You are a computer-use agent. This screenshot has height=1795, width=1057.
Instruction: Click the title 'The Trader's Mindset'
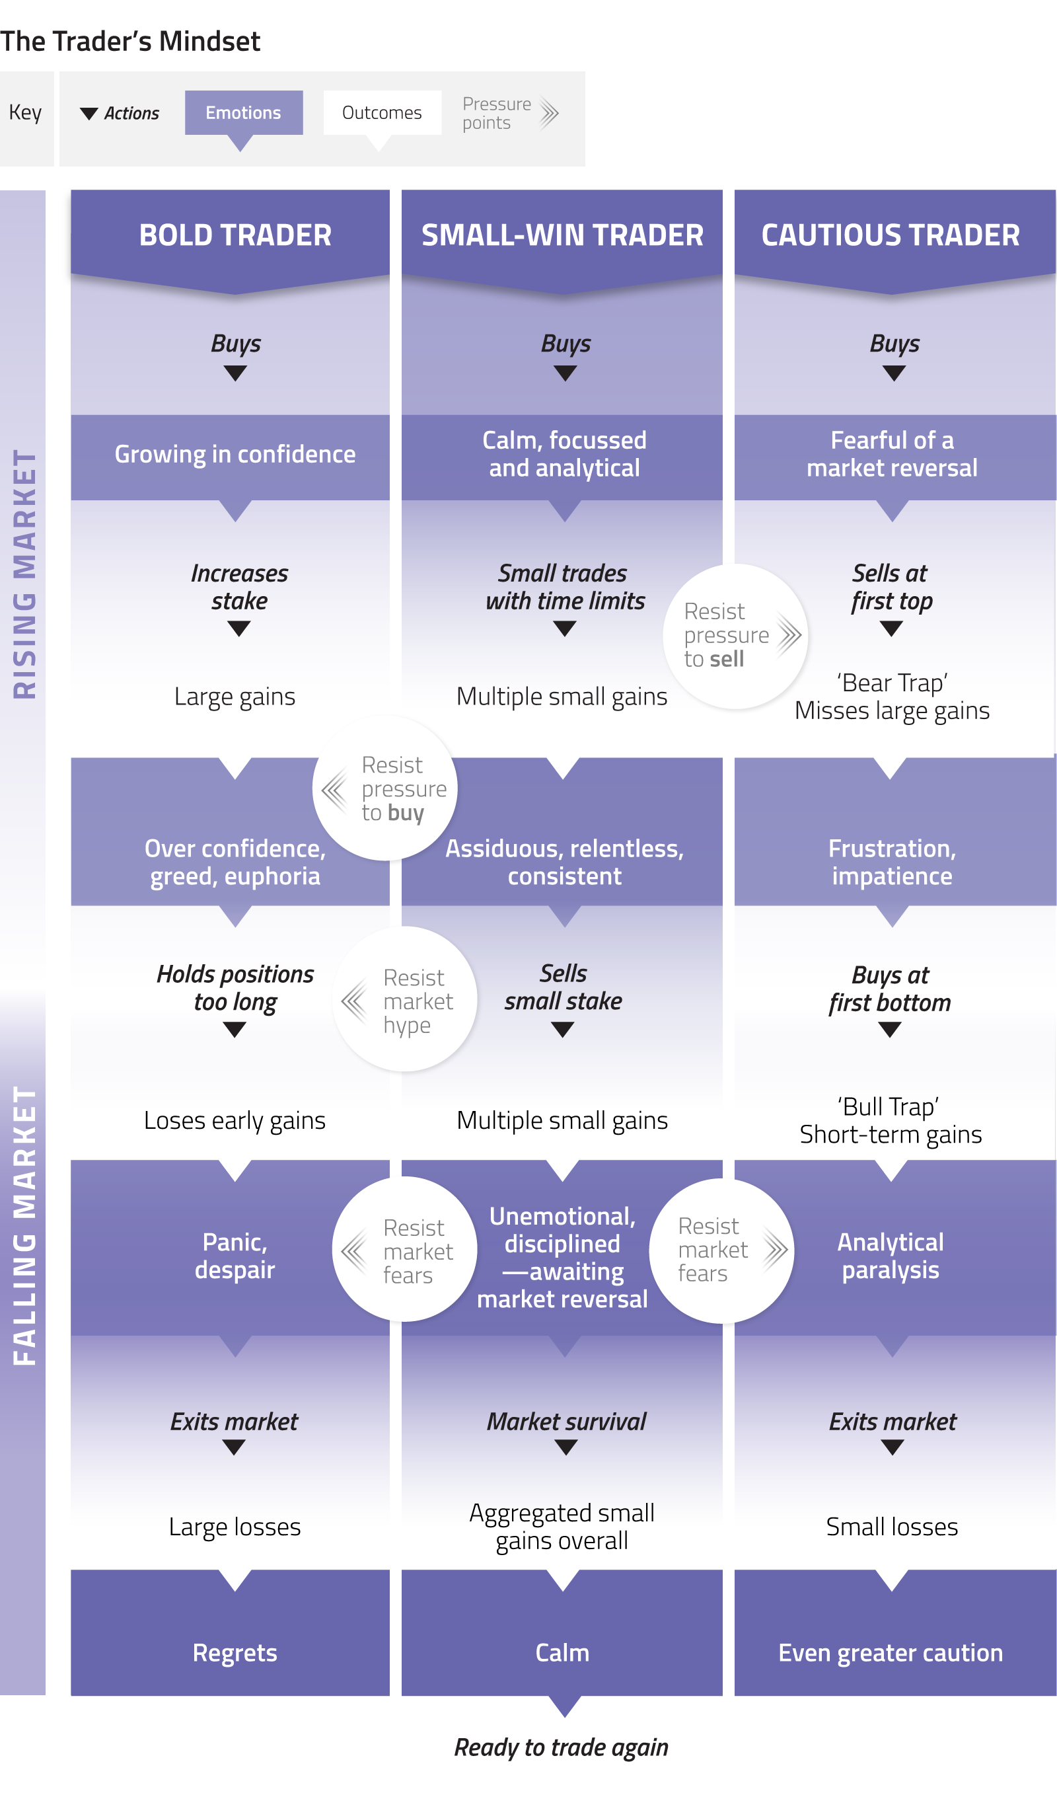pos(130,42)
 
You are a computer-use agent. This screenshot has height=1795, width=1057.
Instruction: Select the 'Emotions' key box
pos(244,112)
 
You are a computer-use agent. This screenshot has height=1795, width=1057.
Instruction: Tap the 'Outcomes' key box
pos(382,112)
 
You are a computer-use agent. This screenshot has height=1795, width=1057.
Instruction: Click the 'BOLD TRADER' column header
pos(235,235)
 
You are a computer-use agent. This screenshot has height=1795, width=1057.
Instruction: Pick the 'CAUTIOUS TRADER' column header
pos(891,235)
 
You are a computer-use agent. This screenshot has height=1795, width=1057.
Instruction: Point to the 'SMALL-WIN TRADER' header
pos(562,235)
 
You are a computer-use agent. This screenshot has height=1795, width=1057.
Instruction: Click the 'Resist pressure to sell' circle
pos(735,636)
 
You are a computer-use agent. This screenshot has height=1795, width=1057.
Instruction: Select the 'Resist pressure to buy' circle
pos(385,788)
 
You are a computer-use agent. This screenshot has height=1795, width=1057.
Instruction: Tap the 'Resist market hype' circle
pos(405,1000)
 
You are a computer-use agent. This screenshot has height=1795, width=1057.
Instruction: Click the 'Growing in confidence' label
pos(235,455)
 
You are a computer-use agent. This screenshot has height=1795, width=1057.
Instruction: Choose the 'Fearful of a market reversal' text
pos(892,455)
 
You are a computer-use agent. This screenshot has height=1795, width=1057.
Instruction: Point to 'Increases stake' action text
pos(239,587)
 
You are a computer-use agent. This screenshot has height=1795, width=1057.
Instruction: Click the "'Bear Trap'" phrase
pos(892,683)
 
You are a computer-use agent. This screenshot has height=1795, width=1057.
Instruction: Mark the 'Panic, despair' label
pos(235,1256)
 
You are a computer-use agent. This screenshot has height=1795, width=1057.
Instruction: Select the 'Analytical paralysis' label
pos(891,1256)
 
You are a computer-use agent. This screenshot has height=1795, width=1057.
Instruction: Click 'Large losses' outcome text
pos(235,1527)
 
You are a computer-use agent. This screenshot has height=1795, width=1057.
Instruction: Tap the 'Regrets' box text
pos(235,1653)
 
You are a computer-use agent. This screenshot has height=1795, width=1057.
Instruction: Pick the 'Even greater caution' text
pos(891,1653)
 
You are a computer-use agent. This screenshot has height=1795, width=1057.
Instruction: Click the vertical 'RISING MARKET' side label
pos(24,574)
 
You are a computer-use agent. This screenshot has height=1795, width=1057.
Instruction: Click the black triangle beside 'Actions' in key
pos(89,113)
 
